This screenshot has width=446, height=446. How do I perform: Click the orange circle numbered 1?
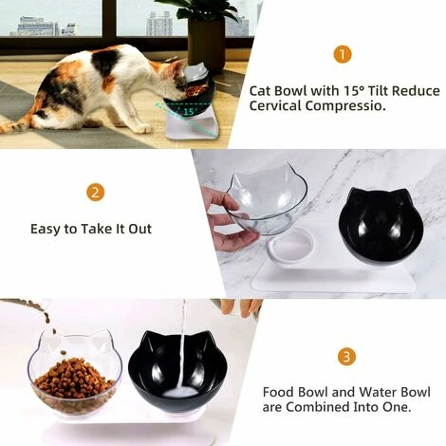343,54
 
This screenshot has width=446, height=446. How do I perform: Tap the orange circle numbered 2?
95,193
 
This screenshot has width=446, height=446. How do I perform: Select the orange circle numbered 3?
346,358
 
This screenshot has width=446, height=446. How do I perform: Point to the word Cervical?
276,107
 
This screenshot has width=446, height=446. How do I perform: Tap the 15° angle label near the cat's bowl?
189,112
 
